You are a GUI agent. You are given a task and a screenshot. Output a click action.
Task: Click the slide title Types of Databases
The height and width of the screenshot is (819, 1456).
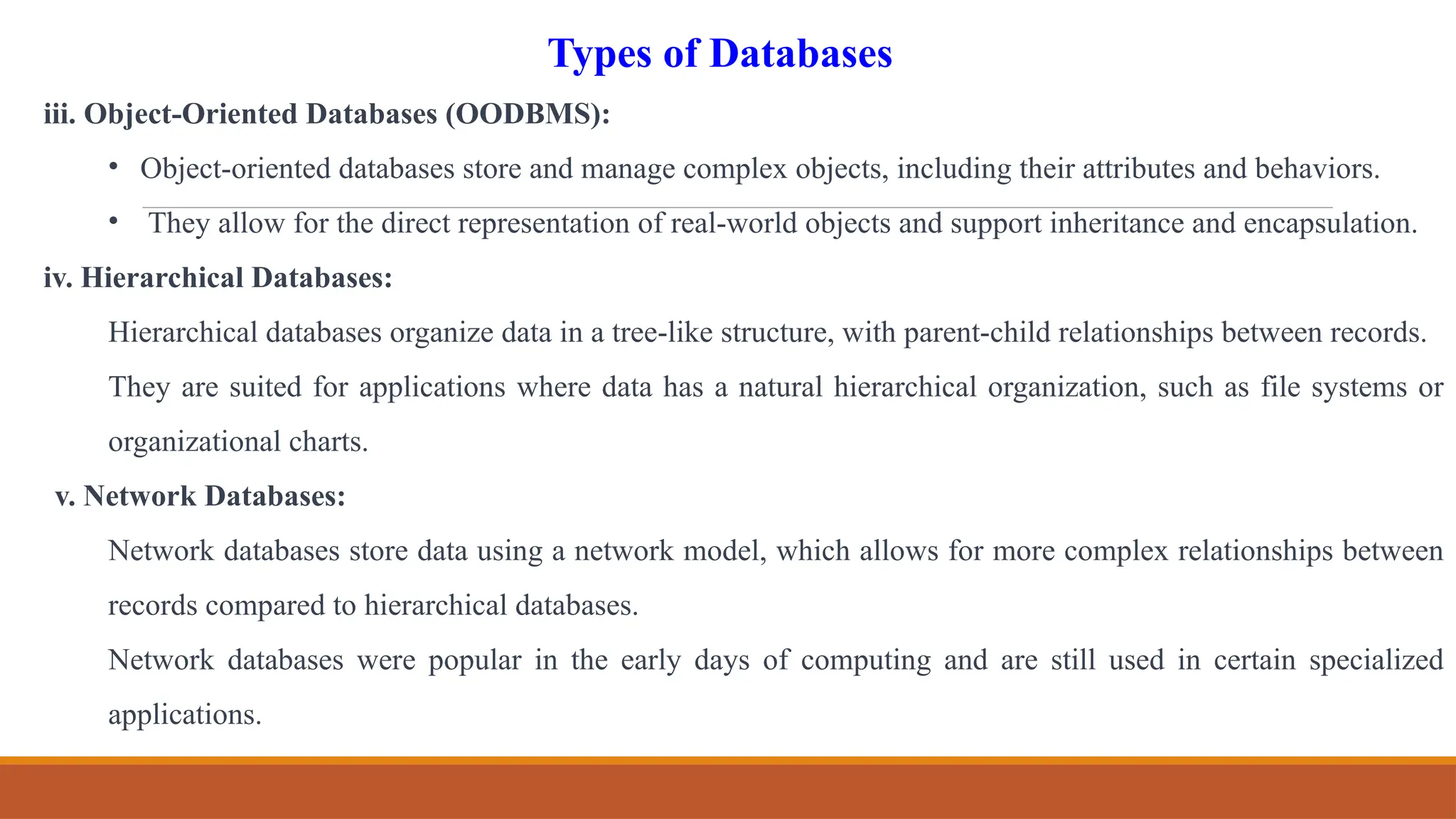coord(719,54)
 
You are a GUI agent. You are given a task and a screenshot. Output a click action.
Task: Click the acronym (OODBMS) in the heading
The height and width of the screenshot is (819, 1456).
coord(527,114)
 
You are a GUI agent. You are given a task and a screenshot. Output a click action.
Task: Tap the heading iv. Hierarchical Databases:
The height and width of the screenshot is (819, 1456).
coord(218,278)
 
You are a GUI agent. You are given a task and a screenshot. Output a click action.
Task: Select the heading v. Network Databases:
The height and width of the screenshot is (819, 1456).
coord(200,496)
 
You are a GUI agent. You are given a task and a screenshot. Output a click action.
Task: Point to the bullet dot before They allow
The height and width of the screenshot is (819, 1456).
coord(113,221)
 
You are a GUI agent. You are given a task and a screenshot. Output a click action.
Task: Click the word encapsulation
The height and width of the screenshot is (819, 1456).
coord(1329,224)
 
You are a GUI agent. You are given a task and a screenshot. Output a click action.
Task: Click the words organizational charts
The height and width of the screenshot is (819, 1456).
coord(237,442)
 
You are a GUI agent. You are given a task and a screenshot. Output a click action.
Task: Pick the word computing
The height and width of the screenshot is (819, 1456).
coord(865,660)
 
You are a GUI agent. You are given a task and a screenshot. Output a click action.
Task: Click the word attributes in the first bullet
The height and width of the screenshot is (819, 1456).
coord(1138,169)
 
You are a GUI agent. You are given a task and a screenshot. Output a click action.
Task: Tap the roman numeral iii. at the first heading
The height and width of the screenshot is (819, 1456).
coord(60,114)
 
